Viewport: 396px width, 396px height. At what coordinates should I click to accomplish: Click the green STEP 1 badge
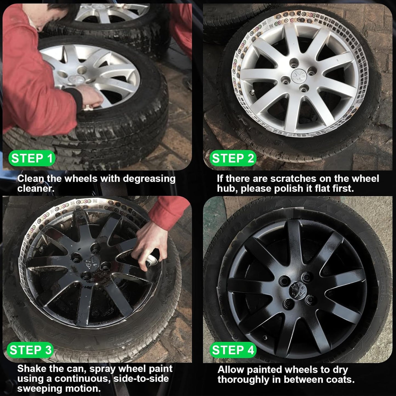(32, 158)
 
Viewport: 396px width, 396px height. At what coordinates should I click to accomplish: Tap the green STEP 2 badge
(233, 158)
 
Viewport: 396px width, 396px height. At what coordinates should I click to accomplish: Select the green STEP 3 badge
(31, 350)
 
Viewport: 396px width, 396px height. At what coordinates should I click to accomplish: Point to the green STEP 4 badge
(233, 350)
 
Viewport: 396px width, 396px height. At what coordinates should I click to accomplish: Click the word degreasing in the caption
(149, 179)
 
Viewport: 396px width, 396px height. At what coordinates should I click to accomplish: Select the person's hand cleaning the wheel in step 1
(93, 97)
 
